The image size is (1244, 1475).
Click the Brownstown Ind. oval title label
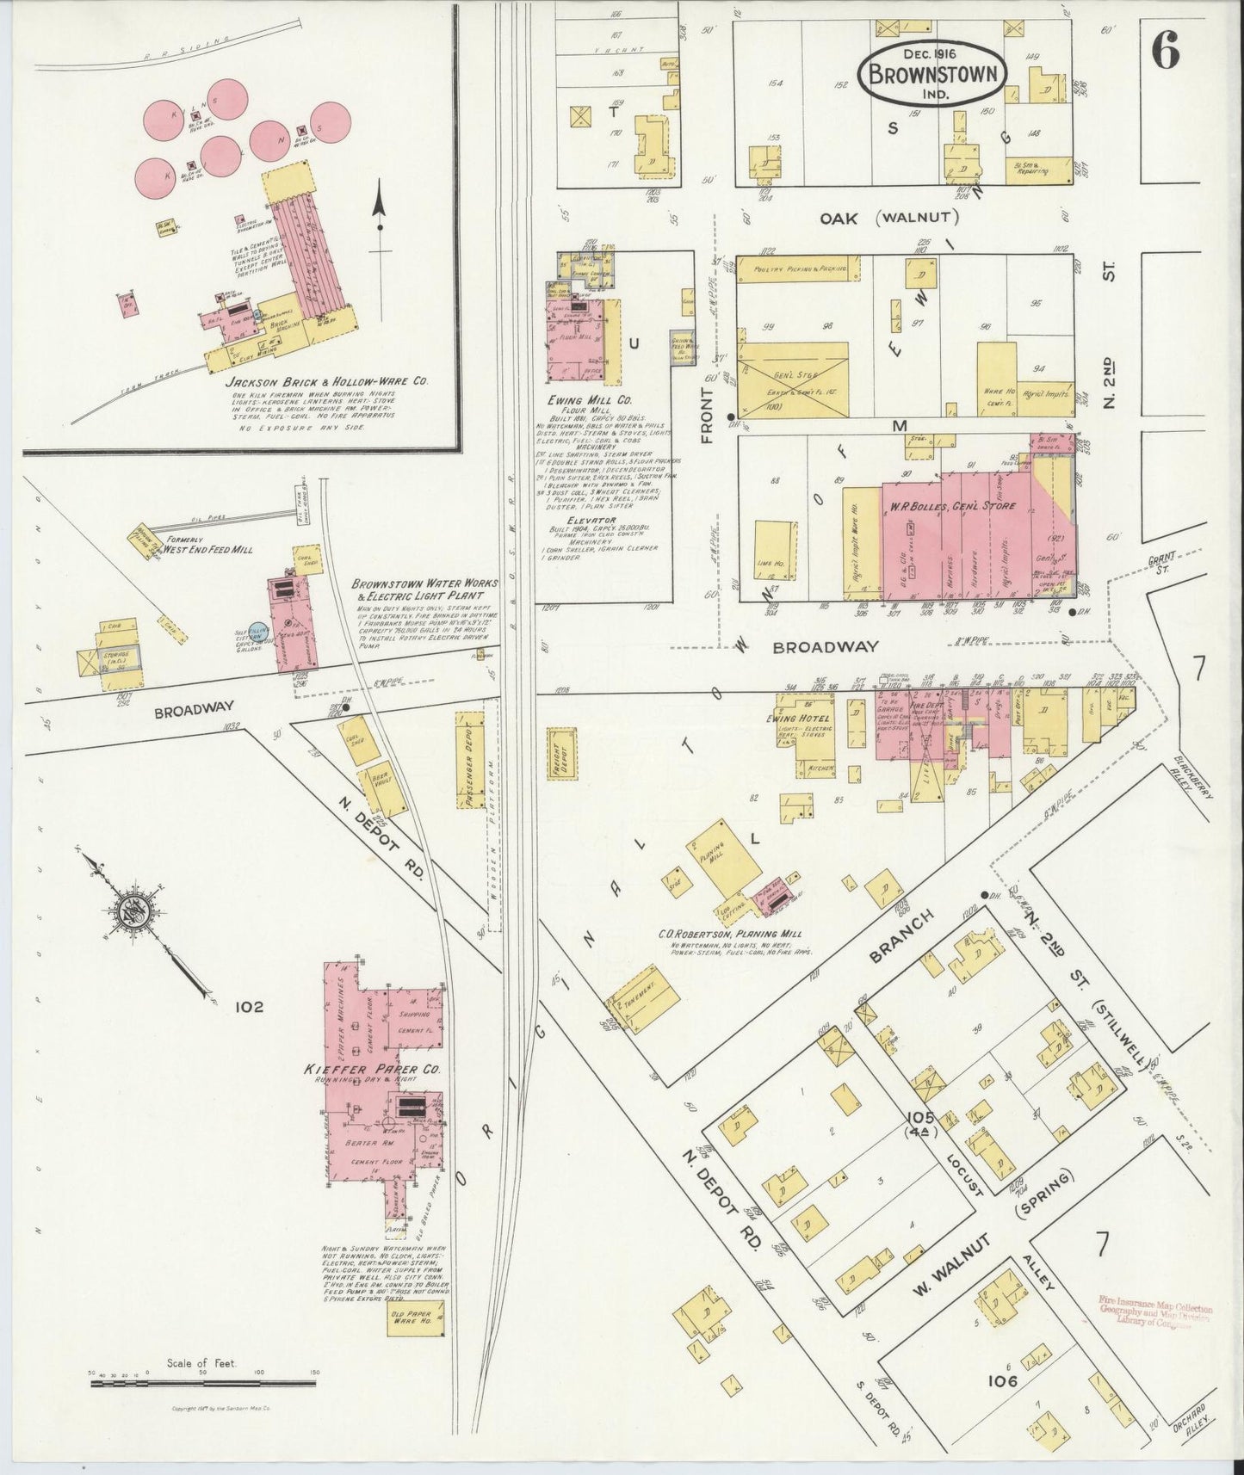coord(932,73)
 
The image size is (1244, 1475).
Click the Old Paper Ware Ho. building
coord(417,1341)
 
